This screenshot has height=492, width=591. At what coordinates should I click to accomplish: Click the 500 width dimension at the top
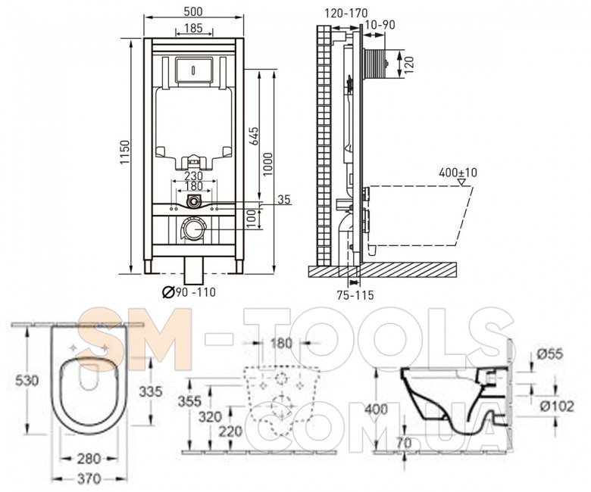pyautogui.click(x=193, y=11)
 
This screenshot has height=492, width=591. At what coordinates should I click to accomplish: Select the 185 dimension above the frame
pyautogui.click(x=194, y=28)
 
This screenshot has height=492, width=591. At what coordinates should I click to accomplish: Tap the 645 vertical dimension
pyautogui.click(x=254, y=137)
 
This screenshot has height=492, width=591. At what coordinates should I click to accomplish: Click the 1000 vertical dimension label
pyautogui.click(x=267, y=164)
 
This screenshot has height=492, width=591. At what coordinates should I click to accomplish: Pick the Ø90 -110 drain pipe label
pyautogui.click(x=189, y=291)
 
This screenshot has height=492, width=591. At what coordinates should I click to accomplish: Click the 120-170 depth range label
pyautogui.click(x=346, y=13)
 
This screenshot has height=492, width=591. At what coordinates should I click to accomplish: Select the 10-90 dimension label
pyautogui.click(x=380, y=25)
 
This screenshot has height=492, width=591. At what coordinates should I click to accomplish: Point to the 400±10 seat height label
pyautogui.click(x=458, y=173)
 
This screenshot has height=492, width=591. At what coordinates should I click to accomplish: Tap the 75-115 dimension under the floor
pyautogui.click(x=355, y=295)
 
